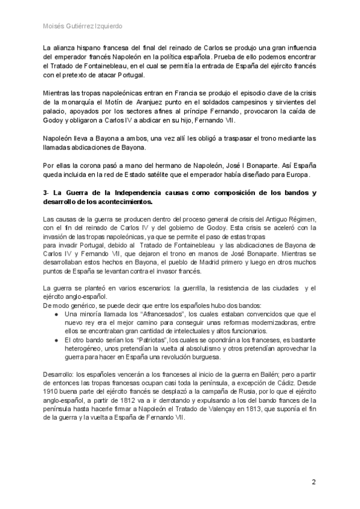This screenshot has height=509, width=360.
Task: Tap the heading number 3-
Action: [48, 193]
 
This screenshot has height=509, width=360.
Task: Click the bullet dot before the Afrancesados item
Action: [56, 314]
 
